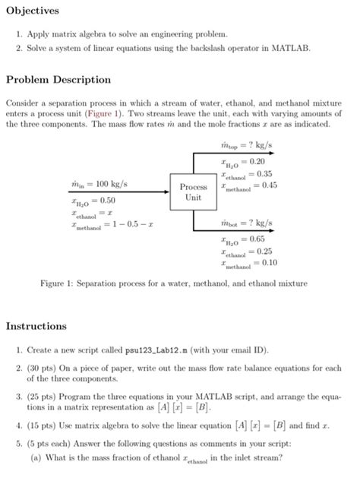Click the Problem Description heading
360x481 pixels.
58,79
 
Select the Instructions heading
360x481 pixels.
36,326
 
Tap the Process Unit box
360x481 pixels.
193,191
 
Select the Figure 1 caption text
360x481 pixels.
174,283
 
